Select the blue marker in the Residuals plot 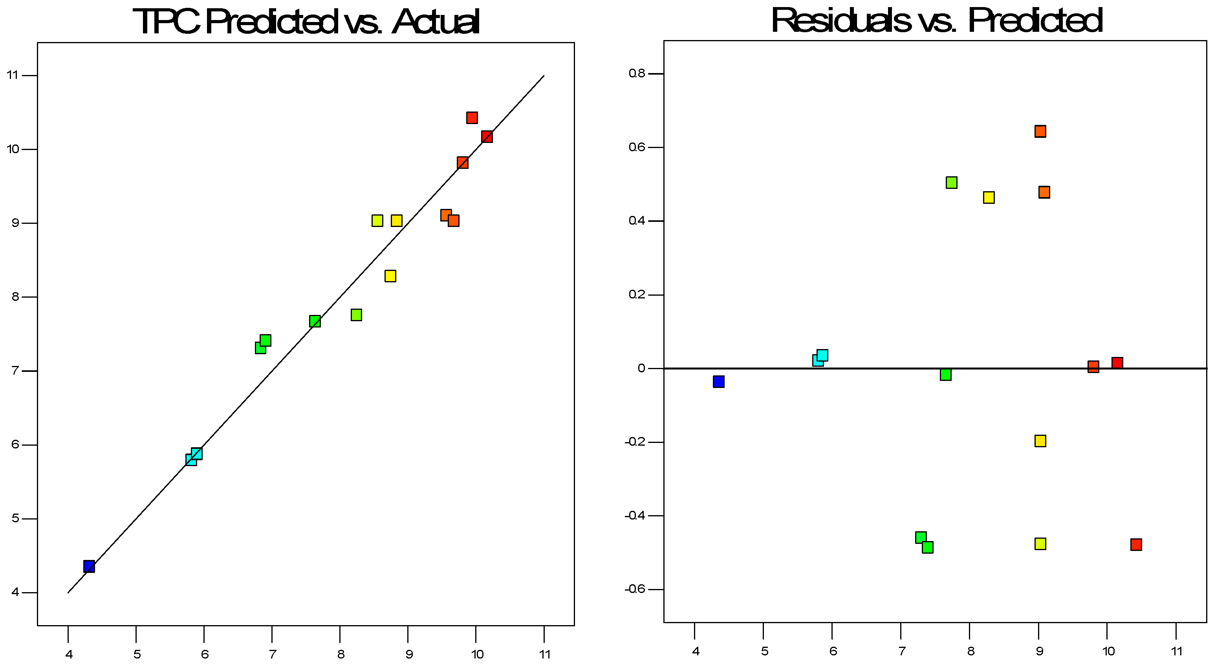(718, 381)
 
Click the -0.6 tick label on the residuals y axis (635, 589)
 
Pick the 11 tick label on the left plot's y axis (13, 75)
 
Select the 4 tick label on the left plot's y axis (16, 593)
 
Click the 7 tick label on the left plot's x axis (273, 654)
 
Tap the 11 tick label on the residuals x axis (1177, 651)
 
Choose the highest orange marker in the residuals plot (1040, 131)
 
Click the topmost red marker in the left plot (472, 117)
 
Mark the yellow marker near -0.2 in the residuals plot (1040, 441)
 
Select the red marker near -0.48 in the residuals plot (1136, 544)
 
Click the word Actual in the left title (436, 22)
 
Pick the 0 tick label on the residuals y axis (641, 368)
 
